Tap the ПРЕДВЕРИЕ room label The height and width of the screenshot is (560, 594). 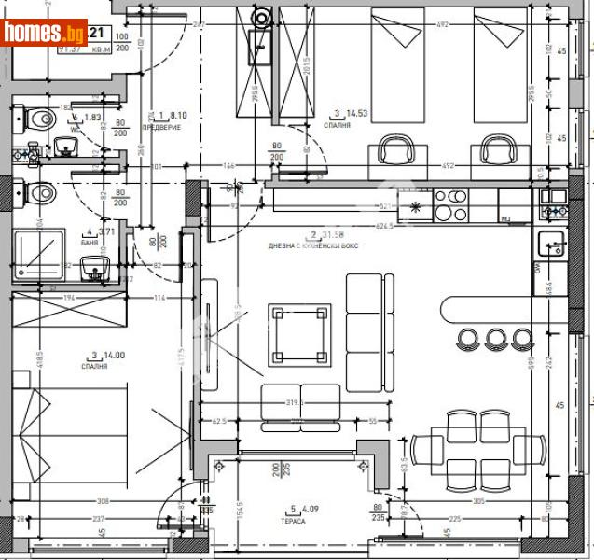pyautogui.click(x=159, y=127)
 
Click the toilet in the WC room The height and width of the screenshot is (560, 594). pyautogui.click(x=36, y=119)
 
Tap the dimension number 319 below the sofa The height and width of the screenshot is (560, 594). pyautogui.click(x=295, y=403)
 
